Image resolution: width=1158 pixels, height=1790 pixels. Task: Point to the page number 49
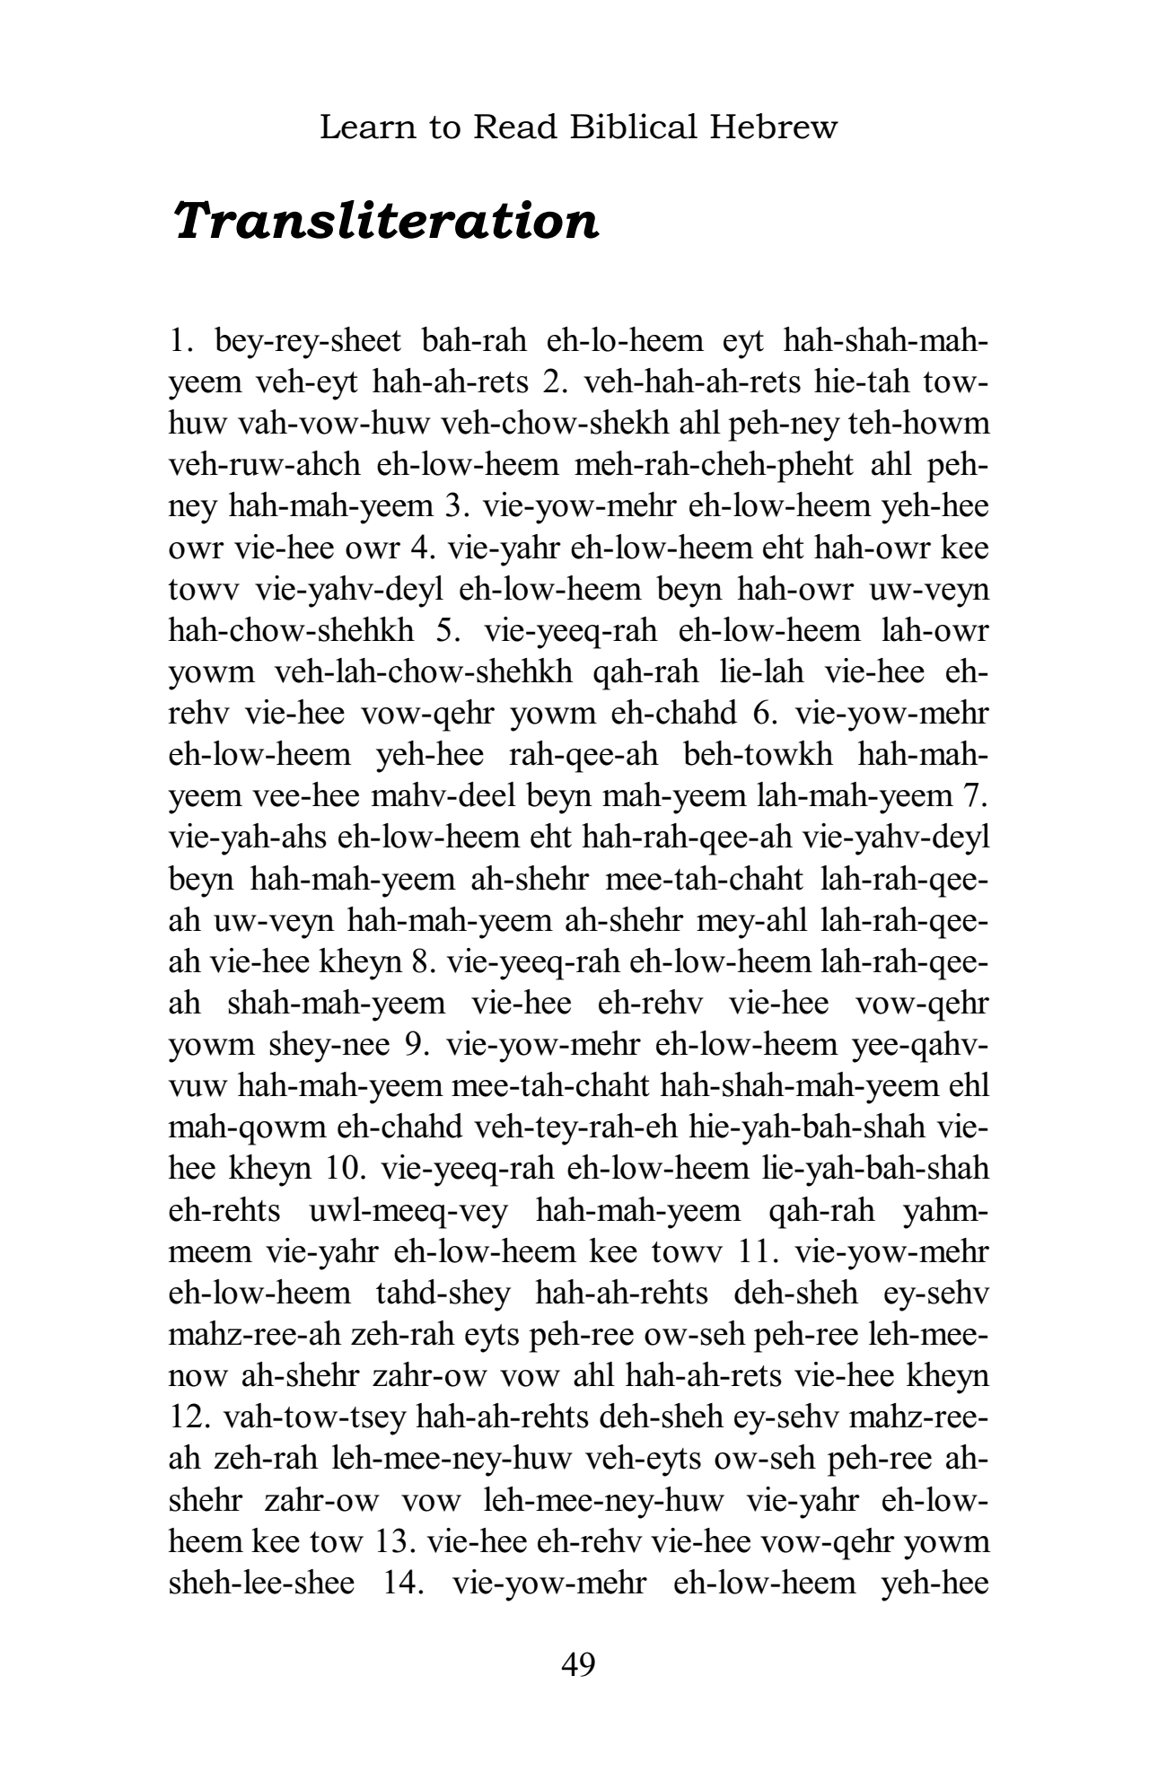pos(578,1664)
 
